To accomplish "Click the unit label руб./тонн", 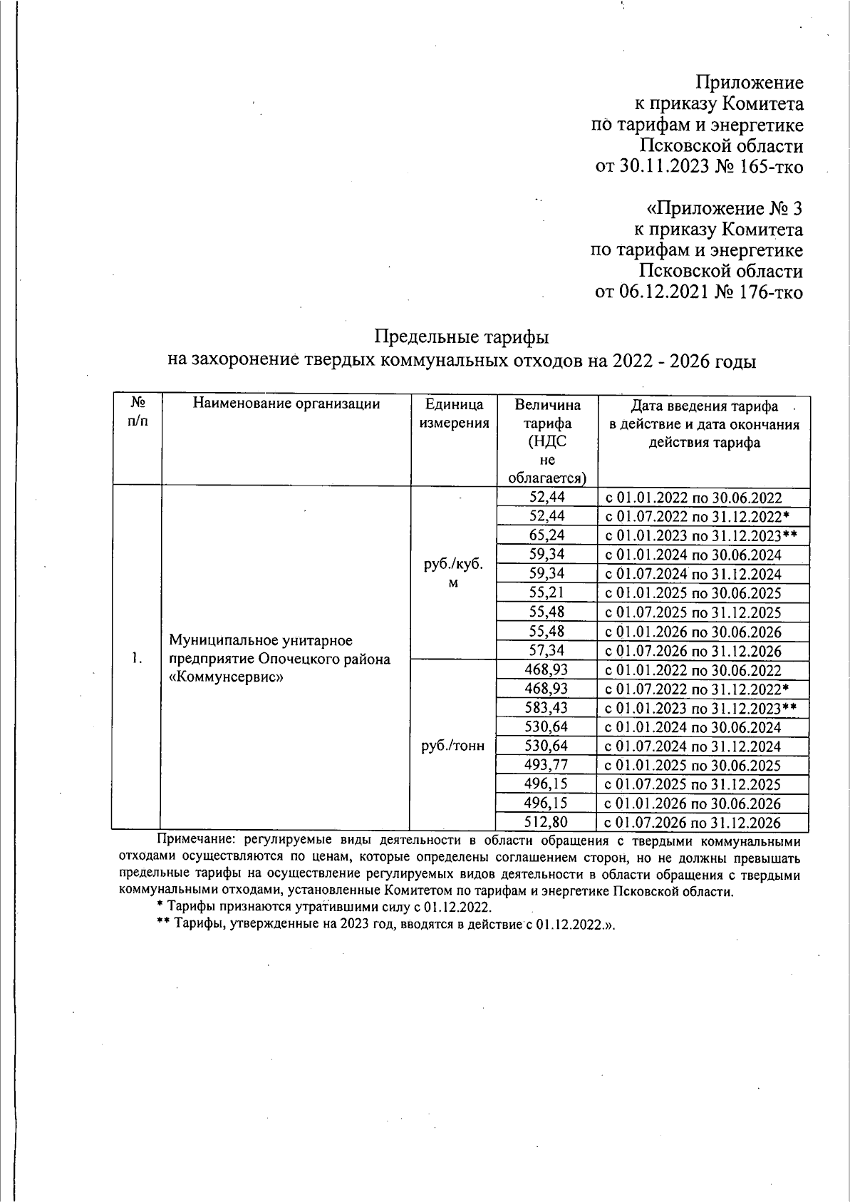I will tap(453, 746).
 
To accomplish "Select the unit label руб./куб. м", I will tap(453, 573).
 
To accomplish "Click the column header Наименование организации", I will tap(286, 404).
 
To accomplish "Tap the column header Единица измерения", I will tap(455, 413).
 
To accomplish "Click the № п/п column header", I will tap(138, 413).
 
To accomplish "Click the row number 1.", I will tap(138, 658).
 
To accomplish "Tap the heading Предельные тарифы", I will tap(461, 336).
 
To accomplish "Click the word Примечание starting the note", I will tap(190, 840).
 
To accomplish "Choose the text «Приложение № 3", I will tap(724, 209).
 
